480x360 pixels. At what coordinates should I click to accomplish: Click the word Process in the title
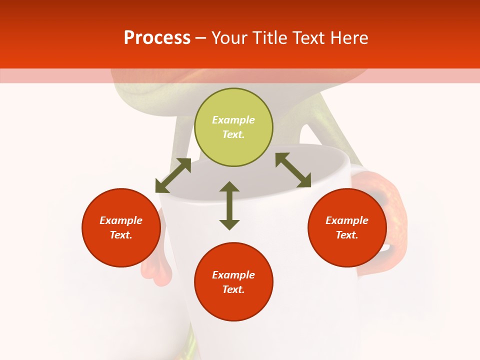[x=157, y=38]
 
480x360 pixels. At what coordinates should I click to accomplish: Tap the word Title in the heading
[x=268, y=38]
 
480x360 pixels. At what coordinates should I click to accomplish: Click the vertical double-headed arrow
[x=229, y=205]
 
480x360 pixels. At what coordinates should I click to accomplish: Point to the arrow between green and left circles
[x=173, y=175]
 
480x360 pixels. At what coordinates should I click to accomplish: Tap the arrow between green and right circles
[x=293, y=170]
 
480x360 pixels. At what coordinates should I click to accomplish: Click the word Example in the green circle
[x=233, y=120]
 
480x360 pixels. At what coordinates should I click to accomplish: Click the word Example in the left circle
[x=121, y=220]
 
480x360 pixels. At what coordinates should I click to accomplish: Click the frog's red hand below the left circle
[x=156, y=270]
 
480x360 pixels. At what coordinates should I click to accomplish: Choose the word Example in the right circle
[x=347, y=220]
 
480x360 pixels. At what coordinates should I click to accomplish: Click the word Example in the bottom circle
[x=233, y=275]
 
